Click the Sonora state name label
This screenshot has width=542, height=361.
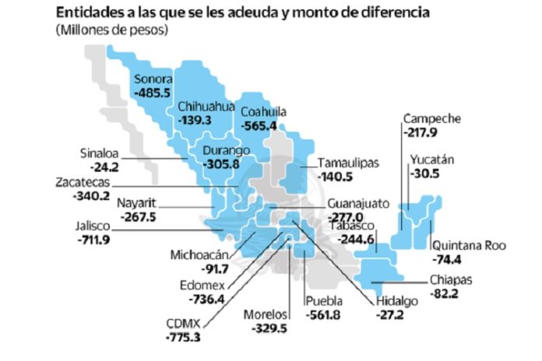click(x=153, y=79)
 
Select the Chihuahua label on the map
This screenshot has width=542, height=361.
click(x=206, y=107)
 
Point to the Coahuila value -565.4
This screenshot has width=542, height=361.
click(x=262, y=125)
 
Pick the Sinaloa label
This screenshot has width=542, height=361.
click(x=101, y=152)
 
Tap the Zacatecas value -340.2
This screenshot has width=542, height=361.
click(x=83, y=196)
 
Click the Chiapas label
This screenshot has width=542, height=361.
click(x=450, y=281)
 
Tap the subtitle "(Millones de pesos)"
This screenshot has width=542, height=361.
click(x=111, y=30)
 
